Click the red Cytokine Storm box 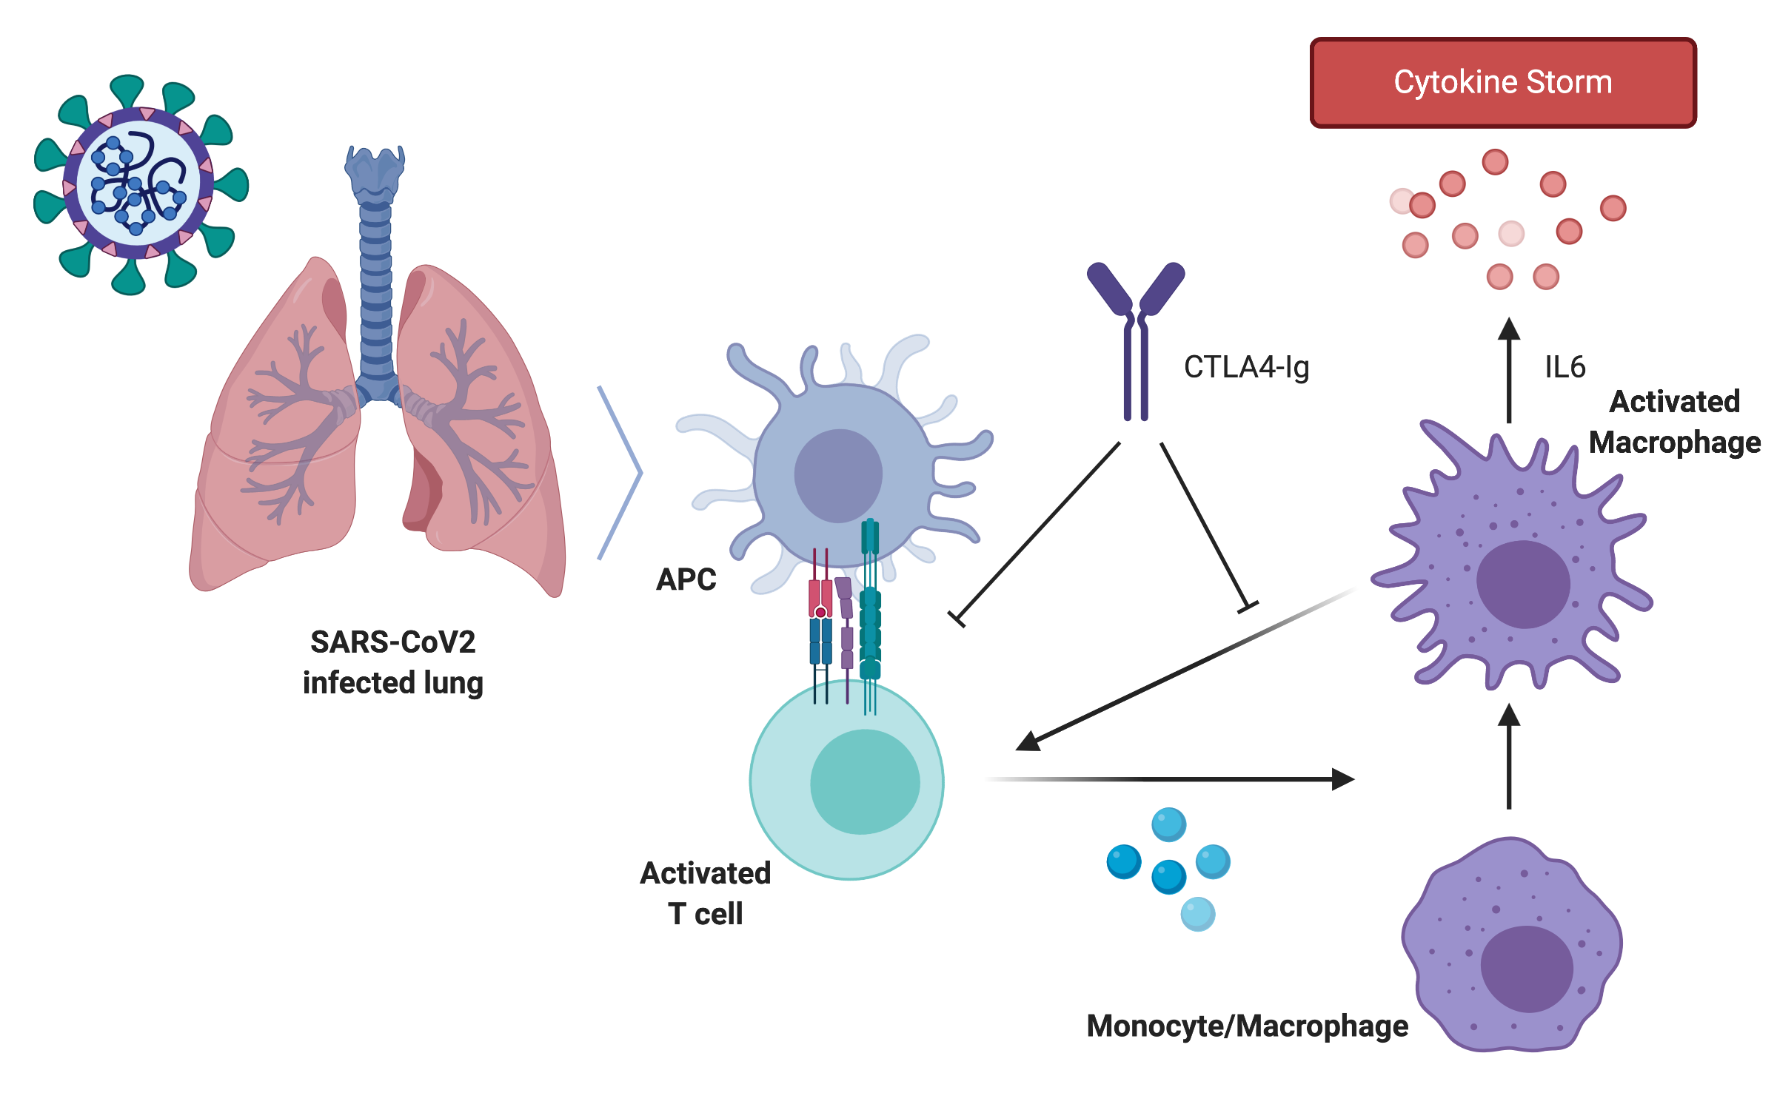click(x=1502, y=83)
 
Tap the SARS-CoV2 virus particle click(x=138, y=184)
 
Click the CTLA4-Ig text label click(x=1246, y=367)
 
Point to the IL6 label click(x=1565, y=367)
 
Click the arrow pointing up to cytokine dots click(x=1508, y=370)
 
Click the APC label click(x=686, y=579)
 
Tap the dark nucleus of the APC click(x=838, y=476)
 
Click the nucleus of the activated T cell click(x=865, y=781)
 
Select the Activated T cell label click(x=705, y=893)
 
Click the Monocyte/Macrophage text click(x=1247, y=1026)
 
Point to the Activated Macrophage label click(x=1674, y=422)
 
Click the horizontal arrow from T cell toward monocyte click(x=1185, y=779)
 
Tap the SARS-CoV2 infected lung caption click(x=392, y=662)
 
